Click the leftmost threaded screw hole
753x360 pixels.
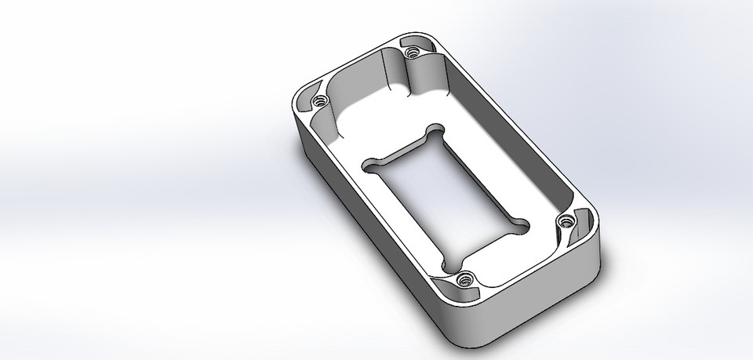click(x=318, y=101)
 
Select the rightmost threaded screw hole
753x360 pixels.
click(x=564, y=224)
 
